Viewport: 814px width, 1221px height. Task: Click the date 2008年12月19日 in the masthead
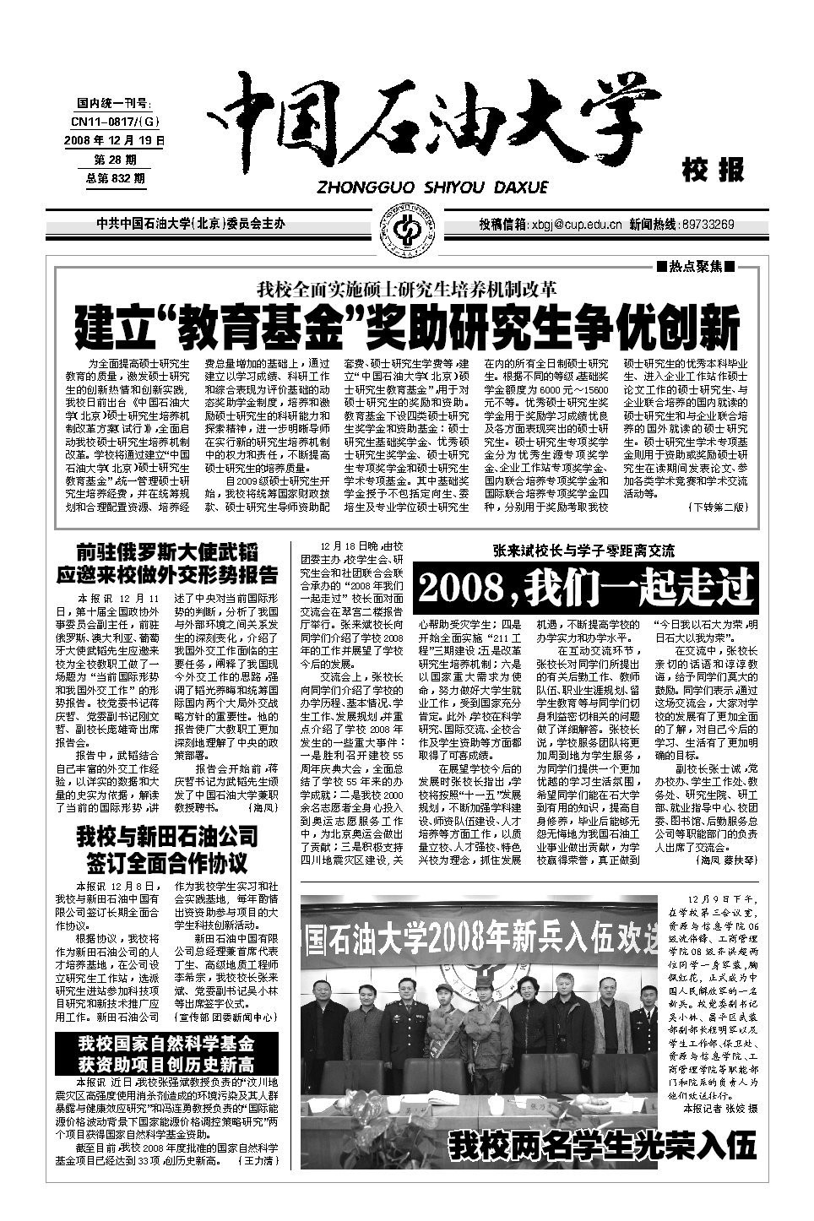click(x=114, y=139)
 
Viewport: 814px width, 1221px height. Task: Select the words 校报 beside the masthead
click(x=713, y=170)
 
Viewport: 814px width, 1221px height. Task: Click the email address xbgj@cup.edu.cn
click(x=574, y=225)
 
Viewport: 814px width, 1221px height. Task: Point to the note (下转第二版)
click(x=719, y=507)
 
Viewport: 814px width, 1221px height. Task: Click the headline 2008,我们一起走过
click(x=587, y=586)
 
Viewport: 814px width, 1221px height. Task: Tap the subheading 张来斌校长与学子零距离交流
click(x=585, y=551)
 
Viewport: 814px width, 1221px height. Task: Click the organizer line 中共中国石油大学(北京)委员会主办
click(x=191, y=225)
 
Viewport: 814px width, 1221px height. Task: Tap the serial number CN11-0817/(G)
click(x=114, y=122)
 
